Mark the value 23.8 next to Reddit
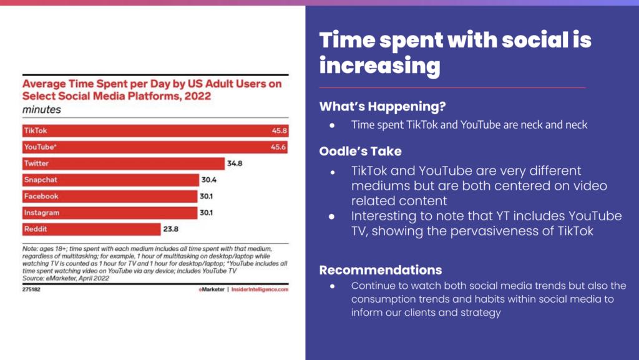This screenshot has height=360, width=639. point(172,229)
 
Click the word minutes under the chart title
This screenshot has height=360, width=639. point(42,109)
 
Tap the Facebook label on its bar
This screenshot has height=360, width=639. point(41,197)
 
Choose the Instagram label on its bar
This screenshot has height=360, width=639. point(42,213)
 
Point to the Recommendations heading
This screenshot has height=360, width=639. point(381,270)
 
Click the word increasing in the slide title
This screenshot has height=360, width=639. point(379,65)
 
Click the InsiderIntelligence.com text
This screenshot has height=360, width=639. point(261,289)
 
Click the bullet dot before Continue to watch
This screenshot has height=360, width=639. point(333,286)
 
